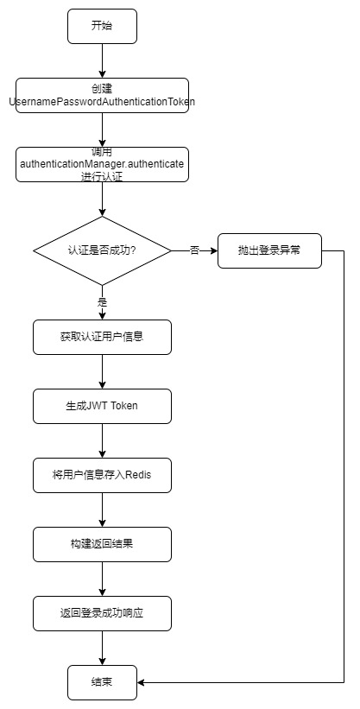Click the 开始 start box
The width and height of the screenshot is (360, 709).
coord(102,26)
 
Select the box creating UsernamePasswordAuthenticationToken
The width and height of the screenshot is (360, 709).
coord(102,95)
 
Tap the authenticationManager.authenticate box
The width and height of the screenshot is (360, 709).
coord(102,164)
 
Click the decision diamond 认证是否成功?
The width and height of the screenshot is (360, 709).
coord(102,250)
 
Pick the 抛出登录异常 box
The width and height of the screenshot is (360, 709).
coord(269,250)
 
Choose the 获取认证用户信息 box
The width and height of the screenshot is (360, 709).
coord(102,337)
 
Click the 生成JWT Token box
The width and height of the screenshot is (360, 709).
coord(102,406)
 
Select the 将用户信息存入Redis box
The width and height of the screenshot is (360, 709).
coord(102,475)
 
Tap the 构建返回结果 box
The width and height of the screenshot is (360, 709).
coord(102,544)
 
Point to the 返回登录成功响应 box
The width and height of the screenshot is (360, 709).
coord(102,614)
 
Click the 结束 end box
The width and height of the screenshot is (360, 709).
coord(102,682)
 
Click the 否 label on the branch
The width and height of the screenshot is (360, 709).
coord(194,250)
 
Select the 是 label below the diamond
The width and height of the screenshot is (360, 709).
coord(102,302)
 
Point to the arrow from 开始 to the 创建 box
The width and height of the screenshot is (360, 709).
coord(102,61)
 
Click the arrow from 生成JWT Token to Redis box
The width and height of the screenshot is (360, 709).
coord(102,441)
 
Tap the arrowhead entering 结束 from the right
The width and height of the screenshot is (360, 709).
coord(141,682)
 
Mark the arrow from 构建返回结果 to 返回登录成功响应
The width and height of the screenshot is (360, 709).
coord(102,579)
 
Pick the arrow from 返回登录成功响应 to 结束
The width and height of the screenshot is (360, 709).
coord(102,648)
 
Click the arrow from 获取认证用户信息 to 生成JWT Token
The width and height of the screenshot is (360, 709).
coord(102,371)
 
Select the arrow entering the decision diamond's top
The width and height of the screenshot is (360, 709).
coord(102,199)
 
